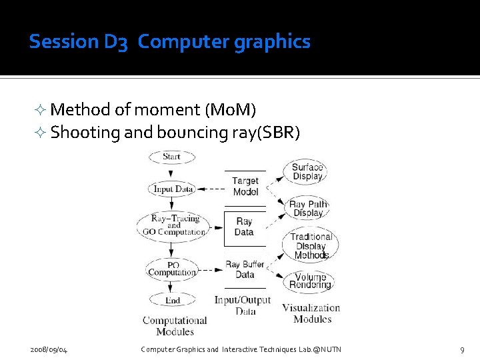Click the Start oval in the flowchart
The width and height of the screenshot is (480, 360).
tap(171, 157)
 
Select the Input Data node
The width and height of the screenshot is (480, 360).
tap(173, 189)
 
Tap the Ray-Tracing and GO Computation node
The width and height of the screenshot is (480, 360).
tap(174, 225)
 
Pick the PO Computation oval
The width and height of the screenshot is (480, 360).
tap(172, 269)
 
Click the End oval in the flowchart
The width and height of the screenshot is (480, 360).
tap(172, 300)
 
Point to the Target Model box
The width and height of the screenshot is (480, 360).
tap(245, 186)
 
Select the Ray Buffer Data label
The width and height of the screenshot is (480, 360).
tap(245, 269)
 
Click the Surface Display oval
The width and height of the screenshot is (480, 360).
tap(307, 172)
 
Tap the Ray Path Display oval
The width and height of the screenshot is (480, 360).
tap(308, 209)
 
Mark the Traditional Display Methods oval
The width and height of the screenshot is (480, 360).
tap(311, 245)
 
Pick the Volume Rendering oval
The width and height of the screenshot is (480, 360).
tap(310, 281)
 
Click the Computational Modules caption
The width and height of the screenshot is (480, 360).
tap(175, 326)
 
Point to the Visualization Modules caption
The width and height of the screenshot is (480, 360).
tap(311, 313)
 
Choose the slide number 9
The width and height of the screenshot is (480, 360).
tap(462, 349)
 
